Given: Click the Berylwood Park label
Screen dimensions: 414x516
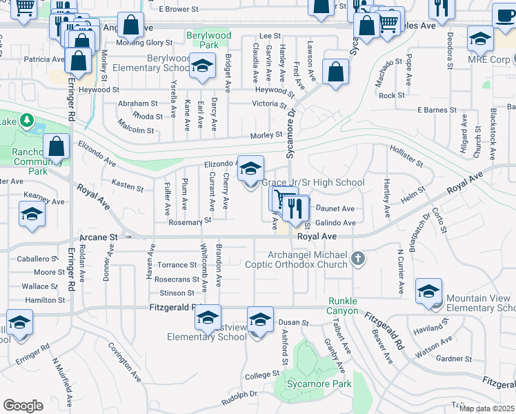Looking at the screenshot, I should tap(208, 39).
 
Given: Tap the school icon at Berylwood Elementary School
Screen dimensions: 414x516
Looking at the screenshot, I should tap(201, 66).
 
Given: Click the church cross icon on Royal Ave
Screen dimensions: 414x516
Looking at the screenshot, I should tap(357, 259).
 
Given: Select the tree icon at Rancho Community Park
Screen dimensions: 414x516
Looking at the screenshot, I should tap(27, 121).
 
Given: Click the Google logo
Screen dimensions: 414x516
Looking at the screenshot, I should tap(23, 405).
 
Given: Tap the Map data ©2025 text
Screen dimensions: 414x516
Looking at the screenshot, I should tap(486, 408).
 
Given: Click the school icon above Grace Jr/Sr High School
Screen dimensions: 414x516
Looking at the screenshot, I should tap(251, 168).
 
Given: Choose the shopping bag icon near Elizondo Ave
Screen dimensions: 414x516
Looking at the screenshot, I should tap(57, 147).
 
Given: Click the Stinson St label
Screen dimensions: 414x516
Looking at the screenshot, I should tap(171, 293).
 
